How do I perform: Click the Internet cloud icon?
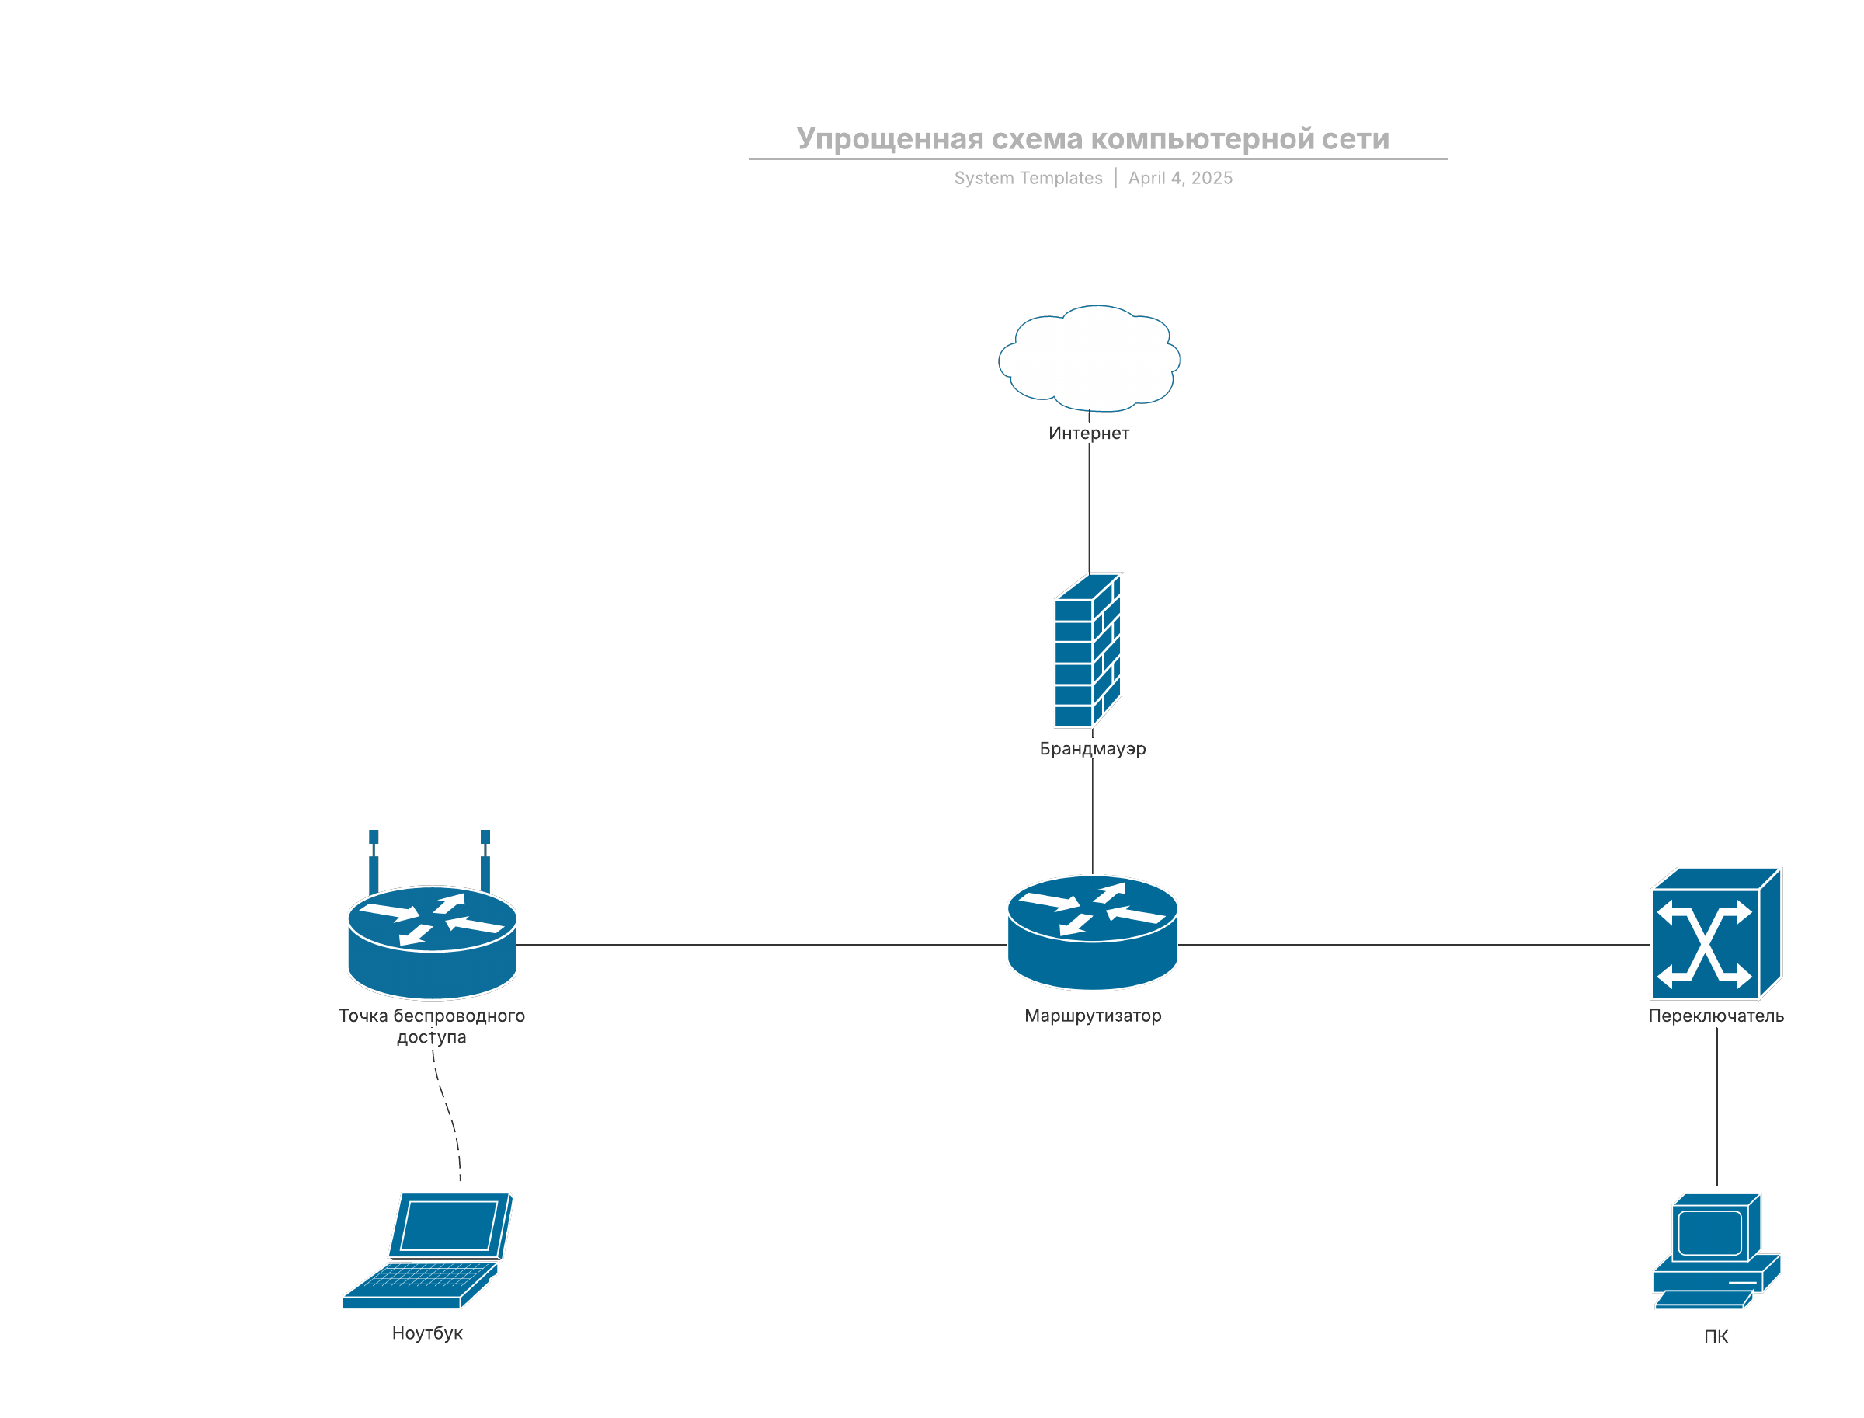tap(1089, 359)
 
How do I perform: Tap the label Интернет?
tap(1089, 433)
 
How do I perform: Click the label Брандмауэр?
tap(1092, 749)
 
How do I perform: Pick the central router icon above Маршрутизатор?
tap(1092, 932)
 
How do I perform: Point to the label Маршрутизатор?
tap(1092, 1016)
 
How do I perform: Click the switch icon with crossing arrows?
tap(1714, 933)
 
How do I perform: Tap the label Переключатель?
tap(1716, 1016)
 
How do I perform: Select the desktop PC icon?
tap(1716, 1251)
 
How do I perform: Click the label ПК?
tap(1715, 1336)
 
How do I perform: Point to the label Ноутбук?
tap(427, 1333)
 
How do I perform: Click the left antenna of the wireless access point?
tap(373, 861)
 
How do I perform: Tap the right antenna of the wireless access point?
tap(485, 861)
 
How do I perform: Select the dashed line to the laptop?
tap(447, 1110)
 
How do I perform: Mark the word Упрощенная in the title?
tap(889, 138)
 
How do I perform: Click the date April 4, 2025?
tap(1180, 178)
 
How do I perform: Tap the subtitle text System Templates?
tap(1028, 178)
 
